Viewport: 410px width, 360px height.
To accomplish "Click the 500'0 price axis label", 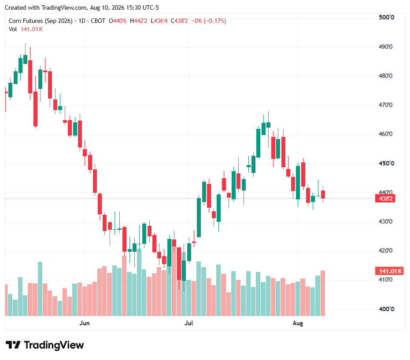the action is (386, 17).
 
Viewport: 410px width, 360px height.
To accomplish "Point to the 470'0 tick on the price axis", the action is (385, 105).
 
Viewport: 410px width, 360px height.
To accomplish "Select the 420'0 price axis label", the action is (385, 251).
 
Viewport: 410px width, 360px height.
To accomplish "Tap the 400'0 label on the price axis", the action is (386, 309).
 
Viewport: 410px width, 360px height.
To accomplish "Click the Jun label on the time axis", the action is (85, 323).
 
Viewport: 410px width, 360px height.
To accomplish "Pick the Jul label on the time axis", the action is (188, 323).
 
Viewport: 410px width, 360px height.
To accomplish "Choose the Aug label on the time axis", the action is (298, 323).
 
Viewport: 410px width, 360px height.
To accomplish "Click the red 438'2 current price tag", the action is (385, 198).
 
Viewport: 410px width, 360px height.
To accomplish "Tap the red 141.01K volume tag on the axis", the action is (389, 271).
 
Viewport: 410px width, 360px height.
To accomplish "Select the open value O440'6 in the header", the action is (118, 21).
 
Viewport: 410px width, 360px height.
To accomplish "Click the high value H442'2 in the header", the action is (139, 21).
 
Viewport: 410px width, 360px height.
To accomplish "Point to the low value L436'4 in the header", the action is (159, 21).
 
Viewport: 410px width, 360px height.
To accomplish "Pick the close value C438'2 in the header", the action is (179, 21).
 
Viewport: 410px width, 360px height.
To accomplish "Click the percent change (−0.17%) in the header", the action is (215, 21).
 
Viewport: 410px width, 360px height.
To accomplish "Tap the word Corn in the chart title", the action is (15, 21).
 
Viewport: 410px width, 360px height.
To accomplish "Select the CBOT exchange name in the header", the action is (98, 21).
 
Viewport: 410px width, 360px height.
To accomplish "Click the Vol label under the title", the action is (13, 29).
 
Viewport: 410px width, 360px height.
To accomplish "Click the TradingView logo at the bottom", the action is (45, 345).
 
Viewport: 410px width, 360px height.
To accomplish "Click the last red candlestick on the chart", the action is (323, 195).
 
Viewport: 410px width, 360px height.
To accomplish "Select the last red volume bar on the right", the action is (323, 294).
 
